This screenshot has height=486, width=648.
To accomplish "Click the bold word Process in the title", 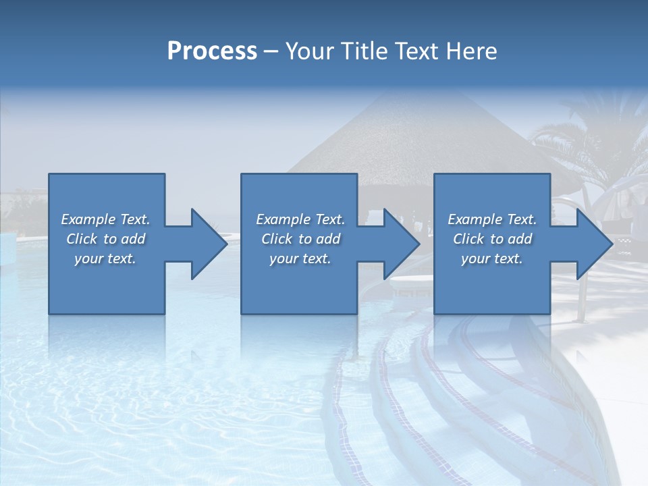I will [x=212, y=51].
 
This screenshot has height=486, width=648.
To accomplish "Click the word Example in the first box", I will [x=88, y=219].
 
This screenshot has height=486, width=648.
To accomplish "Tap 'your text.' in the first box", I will [x=105, y=259].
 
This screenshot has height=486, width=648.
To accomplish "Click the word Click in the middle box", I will [x=277, y=239].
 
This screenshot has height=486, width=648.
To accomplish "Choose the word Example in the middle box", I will [x=282, y=219].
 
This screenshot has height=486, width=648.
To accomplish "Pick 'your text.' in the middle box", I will [x=300, y=259].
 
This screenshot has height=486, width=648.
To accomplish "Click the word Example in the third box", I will [x=475, y=219].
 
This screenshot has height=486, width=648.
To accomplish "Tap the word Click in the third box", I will [x=468, y=239].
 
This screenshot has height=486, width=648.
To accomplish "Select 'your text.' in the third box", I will [x=492, y=259].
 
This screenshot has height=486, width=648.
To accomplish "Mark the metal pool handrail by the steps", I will [x=579, y=283].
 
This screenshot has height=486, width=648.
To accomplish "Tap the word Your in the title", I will [x=306, y=51].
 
